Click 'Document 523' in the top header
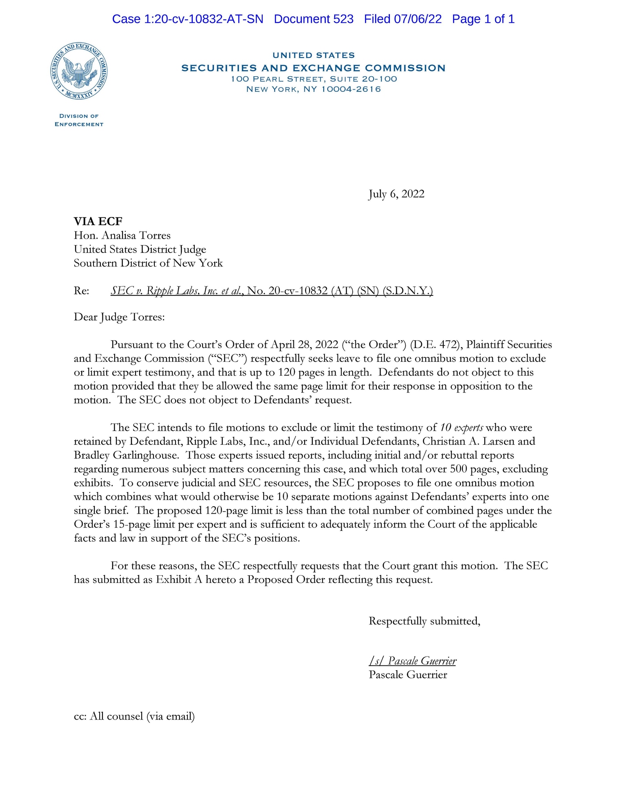pos(313,19)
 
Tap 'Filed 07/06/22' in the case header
pos(402,19)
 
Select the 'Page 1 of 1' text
pos(483,19)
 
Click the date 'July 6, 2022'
pos(396,194)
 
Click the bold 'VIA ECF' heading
pos(98,221)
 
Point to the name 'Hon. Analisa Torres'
pos(122,235)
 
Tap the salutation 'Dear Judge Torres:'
pos(119,317)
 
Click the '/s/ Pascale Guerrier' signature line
pos(412,661)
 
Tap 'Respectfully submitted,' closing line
pos(424,621)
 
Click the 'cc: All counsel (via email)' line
pos(134,716)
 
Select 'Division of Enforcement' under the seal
pos(79,120)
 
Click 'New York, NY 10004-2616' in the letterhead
pos(313,89)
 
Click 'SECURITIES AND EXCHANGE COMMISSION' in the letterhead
pos(313,68)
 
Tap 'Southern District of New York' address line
pos(148,263)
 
